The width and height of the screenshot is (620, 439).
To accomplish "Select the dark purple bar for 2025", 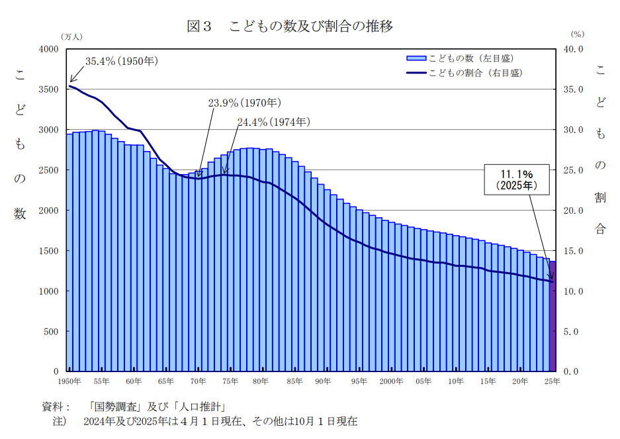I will coord(553,317).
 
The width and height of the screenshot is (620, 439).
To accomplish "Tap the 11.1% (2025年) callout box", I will coord(517,179).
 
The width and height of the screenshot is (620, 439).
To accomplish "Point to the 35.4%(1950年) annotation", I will coord(121,62).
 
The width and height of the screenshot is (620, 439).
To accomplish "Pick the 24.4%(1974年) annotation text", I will coord(273,122).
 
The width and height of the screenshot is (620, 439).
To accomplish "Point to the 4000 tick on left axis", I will coord(49,49).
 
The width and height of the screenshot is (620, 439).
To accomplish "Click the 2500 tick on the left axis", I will coord(49,170).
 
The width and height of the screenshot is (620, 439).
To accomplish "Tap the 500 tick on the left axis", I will coord(52,332).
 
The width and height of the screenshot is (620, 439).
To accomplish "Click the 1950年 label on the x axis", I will coord(69,381).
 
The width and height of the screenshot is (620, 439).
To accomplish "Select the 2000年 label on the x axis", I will coord(392,381).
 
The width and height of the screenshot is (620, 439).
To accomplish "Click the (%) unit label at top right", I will coord(577,34).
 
